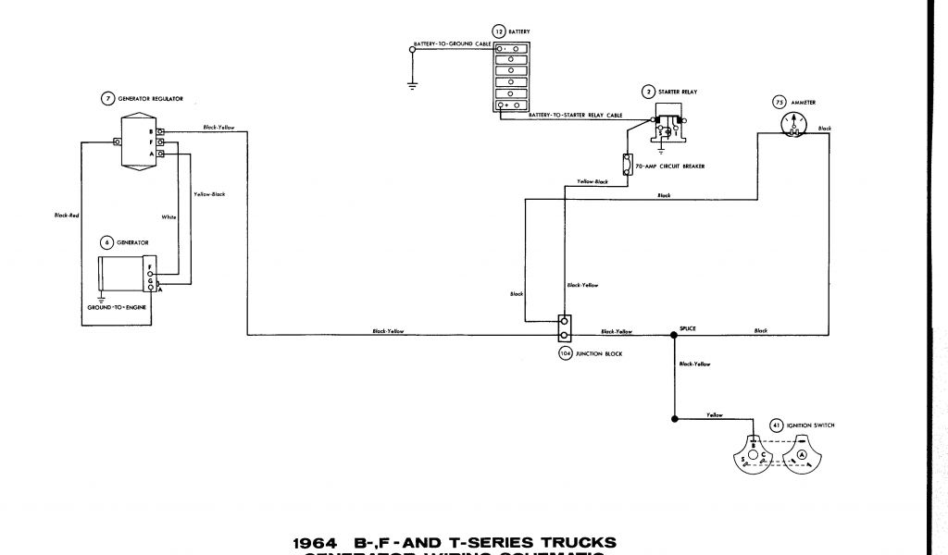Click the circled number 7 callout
108,98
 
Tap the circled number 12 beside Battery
499,31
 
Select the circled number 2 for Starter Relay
650,92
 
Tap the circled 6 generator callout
106,242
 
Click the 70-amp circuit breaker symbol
629,165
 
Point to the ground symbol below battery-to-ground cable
412,86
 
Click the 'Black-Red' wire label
65,216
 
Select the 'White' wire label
169,216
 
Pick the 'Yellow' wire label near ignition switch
714,414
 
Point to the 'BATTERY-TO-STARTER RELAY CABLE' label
574,115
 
